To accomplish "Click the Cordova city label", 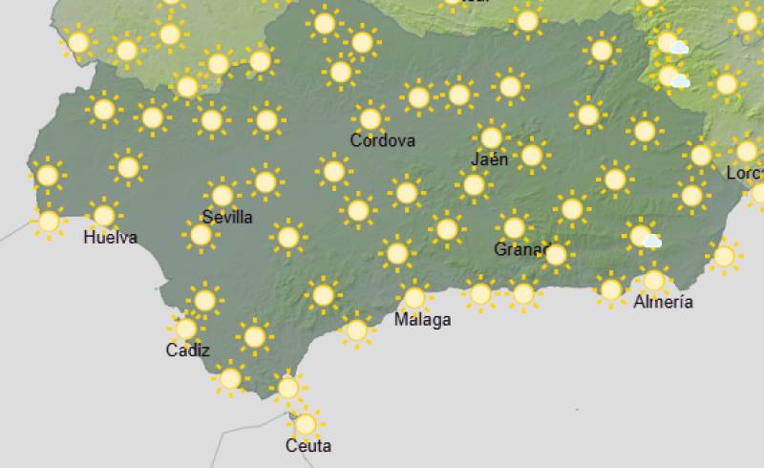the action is click(382, 140).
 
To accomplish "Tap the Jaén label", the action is click(489, 159).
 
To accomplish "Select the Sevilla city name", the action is click(227, 217).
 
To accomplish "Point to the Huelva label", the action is click(110, 237).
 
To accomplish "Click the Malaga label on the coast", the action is click(422, 320).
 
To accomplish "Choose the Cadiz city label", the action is click(187, 351).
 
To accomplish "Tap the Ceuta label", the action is click(308, 446).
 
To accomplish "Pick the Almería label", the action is click(663, 302).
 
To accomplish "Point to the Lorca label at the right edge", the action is click(744, 173).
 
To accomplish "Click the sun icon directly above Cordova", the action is click(371, 118).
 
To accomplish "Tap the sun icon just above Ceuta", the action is click(305, 423).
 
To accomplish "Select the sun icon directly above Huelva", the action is click(103, 214).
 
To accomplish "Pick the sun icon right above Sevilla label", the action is click(223, 195).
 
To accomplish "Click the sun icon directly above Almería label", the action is click(653, 281).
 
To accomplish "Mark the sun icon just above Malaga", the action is click(414, 297).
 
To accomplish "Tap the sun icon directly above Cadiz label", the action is click(186, 329).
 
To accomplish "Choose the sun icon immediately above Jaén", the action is click(491, 138).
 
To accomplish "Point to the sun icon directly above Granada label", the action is click(514, 227).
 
